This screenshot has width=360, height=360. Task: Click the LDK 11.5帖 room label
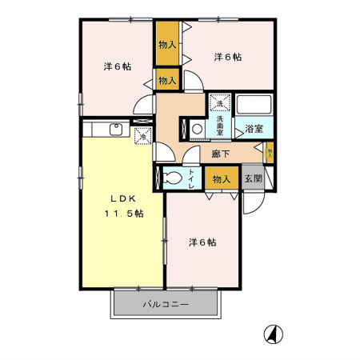click(122, 206)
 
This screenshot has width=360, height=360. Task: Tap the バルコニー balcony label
click(166, 305)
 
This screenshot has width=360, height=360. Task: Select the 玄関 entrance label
click(253, 179)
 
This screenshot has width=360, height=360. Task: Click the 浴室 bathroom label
click(255, 128)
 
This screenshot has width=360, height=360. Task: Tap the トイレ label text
click(192, 179)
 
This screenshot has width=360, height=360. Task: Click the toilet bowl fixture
click(172, 179)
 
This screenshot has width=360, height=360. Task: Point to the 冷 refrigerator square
click(143, 137)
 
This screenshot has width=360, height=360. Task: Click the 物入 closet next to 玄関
click(221, 179)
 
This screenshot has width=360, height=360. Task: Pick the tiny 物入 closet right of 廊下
click(270, 150)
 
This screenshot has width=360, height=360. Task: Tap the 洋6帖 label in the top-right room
click(228, 57)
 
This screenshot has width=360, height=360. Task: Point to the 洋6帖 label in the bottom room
click(202, 242)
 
